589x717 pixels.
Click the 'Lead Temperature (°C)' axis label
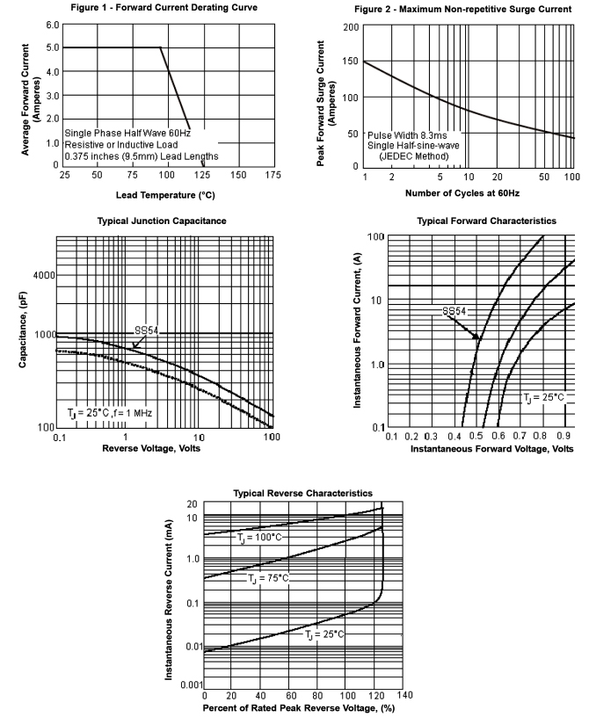pos(165,194)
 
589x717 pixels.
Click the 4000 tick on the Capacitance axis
pos(41,275)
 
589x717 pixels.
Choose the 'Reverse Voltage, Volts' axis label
pos(165,448)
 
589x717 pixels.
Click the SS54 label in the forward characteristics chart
pos(454,311)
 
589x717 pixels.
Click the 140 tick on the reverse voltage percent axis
pos(403,695)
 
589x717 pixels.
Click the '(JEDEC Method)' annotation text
pos(413,156)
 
